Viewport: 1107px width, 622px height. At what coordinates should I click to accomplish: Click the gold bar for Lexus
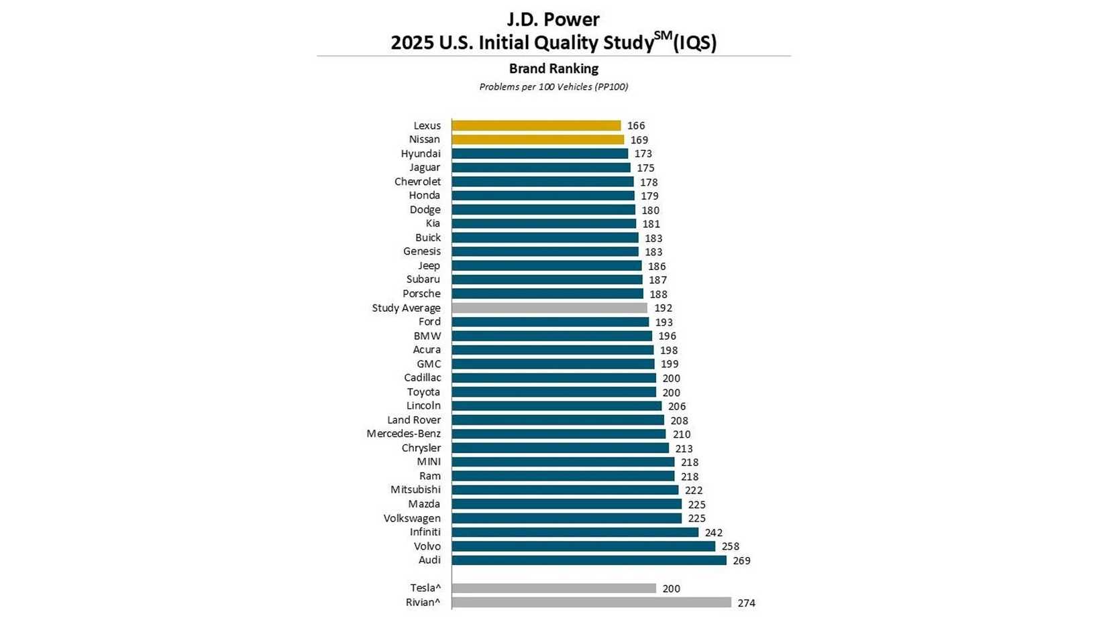[x=536, y=125]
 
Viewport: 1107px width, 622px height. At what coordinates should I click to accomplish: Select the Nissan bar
[x=537, y=139]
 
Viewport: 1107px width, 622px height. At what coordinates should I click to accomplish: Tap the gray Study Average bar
[x=549, y=308]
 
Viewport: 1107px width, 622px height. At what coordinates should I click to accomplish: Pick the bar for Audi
[x=588, y=560]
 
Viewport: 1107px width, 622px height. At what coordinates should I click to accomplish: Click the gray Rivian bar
[x=591, y=603]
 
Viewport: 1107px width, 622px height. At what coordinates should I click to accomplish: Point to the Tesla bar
[x=553, y=588]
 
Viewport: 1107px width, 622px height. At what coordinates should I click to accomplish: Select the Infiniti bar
[x=575, y=532]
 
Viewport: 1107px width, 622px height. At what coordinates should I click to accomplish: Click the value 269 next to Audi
[x=741, y=561]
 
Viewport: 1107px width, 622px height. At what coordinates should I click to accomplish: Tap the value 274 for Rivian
[x=746, y=603]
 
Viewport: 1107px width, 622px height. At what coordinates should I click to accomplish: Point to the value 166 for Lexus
[x=635, y=126]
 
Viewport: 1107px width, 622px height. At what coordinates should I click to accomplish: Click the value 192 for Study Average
[x=663, y=308]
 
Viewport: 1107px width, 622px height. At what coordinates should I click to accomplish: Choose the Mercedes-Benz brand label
[x=403, y=434]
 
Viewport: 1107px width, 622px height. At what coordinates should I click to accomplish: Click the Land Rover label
[x=414, y=420]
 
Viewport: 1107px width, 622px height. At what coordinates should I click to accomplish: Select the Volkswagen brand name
[x=412, y=518]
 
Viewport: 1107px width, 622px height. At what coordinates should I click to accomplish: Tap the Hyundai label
[x=421, y=153]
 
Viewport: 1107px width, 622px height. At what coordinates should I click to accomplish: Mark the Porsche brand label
[x=421, y=294]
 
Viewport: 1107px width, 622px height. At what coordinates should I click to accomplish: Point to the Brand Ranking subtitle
[x=553, y=68]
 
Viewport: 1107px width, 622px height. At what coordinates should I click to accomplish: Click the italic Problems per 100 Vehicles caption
[x=553, y=87]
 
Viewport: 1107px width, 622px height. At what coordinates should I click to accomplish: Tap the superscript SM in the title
[x=663, y=36]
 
